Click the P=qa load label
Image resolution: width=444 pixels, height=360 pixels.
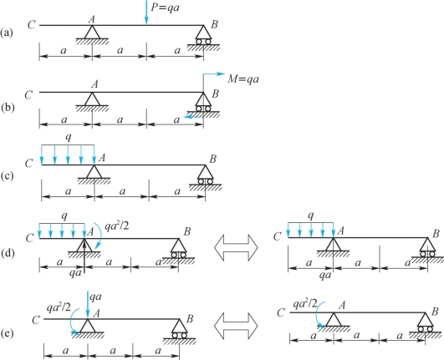coord(165,8)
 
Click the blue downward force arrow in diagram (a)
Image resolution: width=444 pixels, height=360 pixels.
coord(146,13)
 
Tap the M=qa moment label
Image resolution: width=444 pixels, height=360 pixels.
coord(243,79)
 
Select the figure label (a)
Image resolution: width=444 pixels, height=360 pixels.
coord(7,33)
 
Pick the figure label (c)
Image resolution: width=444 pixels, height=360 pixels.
coord(7,176)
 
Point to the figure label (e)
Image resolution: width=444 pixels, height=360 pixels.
coord(7,334)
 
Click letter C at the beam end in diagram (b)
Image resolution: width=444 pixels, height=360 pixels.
coord(28,95)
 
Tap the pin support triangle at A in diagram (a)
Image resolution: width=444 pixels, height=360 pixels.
coord(92,32)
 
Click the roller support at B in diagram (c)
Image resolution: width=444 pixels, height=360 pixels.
coord(206,175)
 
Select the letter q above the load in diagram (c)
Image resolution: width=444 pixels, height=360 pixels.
coord(69,137)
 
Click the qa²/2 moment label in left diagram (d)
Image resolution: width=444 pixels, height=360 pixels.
coord(117,226)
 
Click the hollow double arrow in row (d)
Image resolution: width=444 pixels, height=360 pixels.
coord(236,247)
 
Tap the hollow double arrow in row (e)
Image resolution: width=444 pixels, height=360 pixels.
coord(236,326)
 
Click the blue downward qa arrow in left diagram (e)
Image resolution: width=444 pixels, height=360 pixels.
coord(88,305)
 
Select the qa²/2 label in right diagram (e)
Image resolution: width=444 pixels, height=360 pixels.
coord(305,304)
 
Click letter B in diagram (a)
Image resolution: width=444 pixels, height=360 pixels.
coord(214,24)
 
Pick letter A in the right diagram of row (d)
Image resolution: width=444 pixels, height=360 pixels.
coord(340,231)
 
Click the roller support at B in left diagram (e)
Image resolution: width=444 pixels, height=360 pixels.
coord(179,328)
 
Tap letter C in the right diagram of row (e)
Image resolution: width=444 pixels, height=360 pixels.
coord(281,312)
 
